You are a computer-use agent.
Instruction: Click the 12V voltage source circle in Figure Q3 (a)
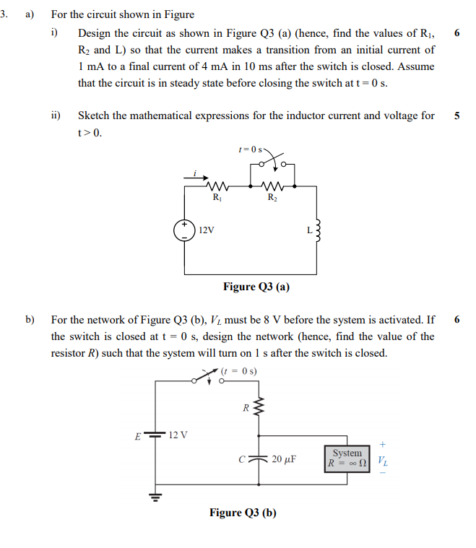[185, 230]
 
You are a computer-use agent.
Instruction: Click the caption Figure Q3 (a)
[256, 287]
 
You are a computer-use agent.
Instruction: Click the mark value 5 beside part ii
[456, 116]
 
